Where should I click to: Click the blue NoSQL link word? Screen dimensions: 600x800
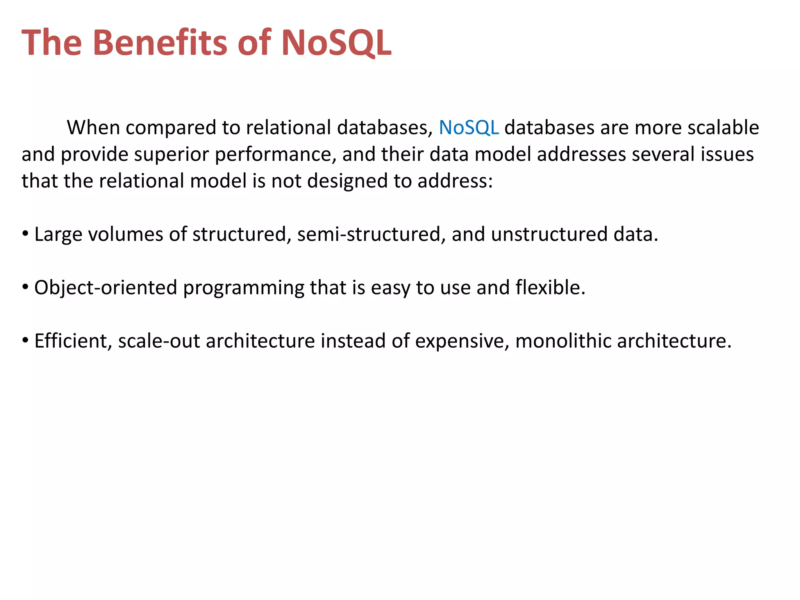click(x=468, y=128)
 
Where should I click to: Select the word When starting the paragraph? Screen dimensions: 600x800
click(x=93, y=128)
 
